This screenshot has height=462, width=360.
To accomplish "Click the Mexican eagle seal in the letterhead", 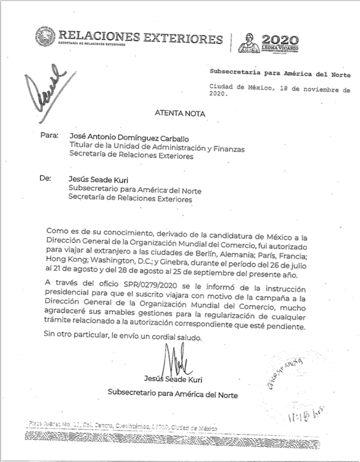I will tap(45, 38).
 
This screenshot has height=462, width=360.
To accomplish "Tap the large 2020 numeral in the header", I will tap(280, 40).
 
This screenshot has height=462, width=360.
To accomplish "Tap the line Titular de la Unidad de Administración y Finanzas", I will tap(157, 148).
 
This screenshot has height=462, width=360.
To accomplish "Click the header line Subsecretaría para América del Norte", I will tap(280, 75).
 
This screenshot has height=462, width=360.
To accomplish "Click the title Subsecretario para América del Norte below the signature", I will tap(173, 393).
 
